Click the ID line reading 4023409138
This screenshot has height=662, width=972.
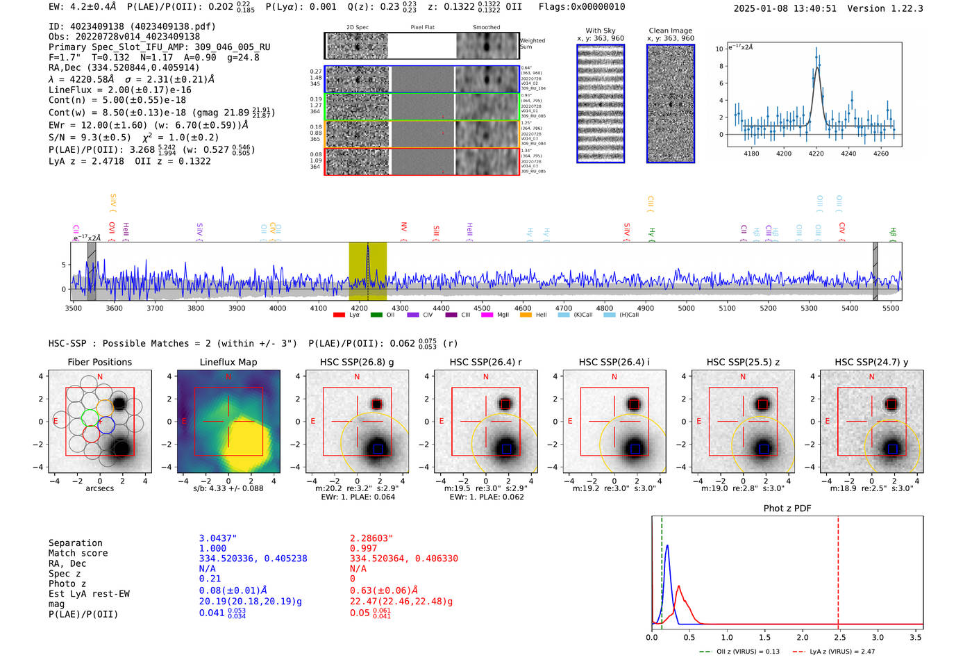[132, 26]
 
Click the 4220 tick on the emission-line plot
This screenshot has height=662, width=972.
[816, 154]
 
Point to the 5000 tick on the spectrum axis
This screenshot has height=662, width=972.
[686, 308]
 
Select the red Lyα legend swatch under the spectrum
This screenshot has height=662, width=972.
[339, 315]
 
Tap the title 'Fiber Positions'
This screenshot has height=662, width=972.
[99, 362]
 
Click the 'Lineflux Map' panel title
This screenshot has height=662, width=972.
[228, 362]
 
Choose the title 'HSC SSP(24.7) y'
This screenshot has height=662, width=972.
[871, 362]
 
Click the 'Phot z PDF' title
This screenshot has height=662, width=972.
[787, 508]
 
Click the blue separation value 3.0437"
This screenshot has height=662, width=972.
[217, 538]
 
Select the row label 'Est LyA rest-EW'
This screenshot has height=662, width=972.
[89, 594]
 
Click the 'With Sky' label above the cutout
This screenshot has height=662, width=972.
[600, 31]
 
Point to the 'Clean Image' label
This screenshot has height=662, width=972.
[670, 31]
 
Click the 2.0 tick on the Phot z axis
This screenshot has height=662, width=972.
[803, 637]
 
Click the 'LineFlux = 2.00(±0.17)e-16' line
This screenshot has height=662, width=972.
[120, 90]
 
